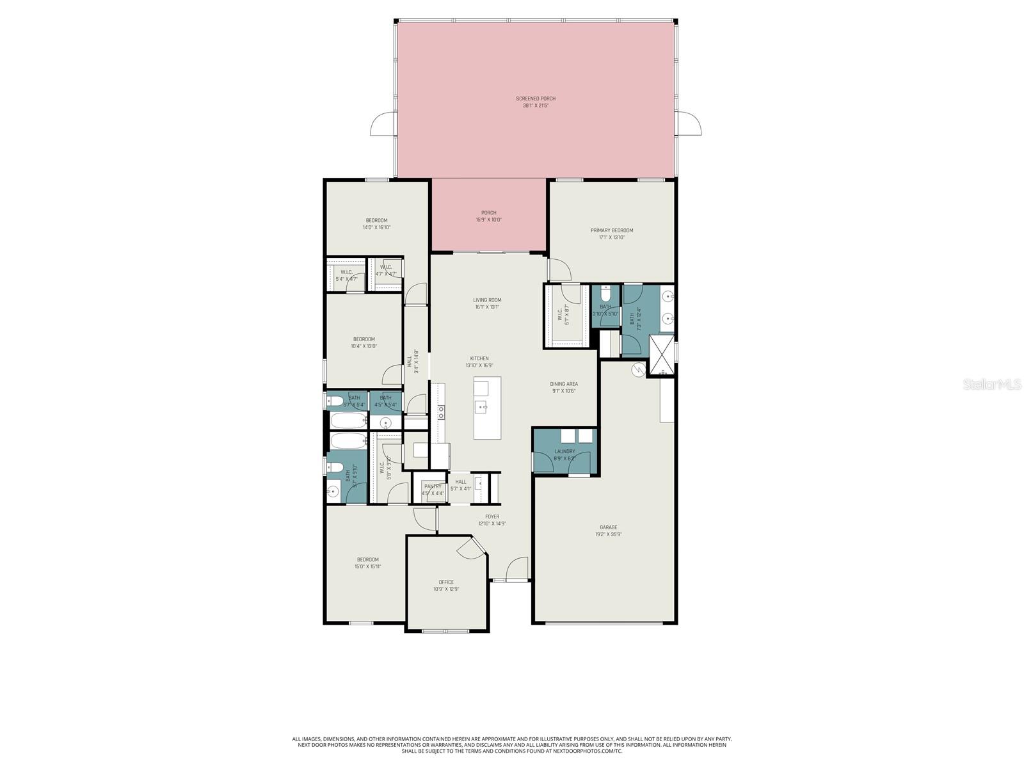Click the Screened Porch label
pos(536,99)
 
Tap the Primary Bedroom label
pos(611,230)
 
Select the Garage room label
pos(608,527)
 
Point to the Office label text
pos(446,582)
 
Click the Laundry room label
pos(564,451)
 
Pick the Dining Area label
pos(564,384)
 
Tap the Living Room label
pos(487,300)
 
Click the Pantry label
pos(433,486)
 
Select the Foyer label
pos(492,516)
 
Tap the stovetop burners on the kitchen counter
pos(441,412)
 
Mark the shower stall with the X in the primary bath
pos(662,355)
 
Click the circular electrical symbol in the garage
pos(638,369)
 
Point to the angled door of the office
pos(472,547)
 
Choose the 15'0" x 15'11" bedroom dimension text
pos(367,566)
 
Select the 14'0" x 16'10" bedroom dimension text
pos(376,227)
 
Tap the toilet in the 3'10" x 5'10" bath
pos(605,296)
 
